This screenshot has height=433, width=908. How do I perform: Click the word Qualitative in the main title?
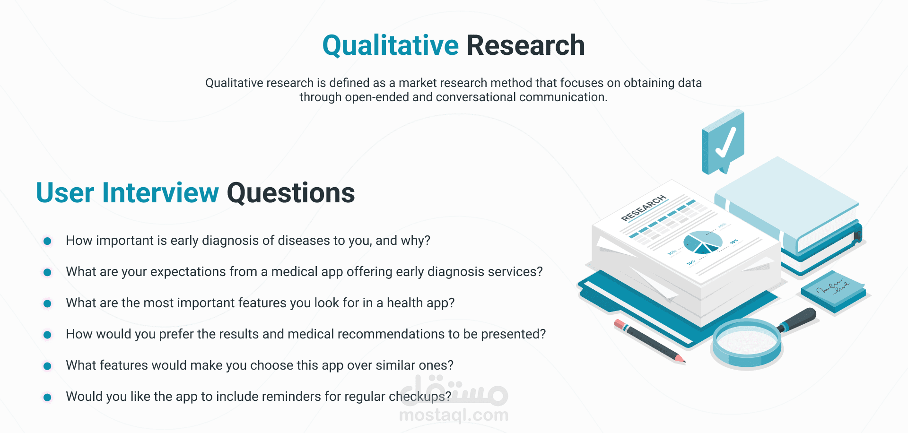tap(391, 46)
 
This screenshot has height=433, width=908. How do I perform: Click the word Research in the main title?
tap(526, 45)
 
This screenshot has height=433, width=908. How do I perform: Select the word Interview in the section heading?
tap(161, 193)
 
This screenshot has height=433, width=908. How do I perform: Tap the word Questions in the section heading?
tap(291, 193)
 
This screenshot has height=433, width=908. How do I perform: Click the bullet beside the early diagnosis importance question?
tap(47, 241)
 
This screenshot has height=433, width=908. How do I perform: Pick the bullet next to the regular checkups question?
tap(47, 397)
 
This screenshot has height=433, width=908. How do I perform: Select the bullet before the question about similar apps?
tap(47, 366)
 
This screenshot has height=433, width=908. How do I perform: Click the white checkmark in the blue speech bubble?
tap(725, 142)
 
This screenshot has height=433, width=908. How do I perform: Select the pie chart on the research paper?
tap(703, 242)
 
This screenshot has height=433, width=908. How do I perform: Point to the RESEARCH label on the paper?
tap(644, 208)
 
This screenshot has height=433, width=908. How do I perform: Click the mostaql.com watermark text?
tap(454, 415)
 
